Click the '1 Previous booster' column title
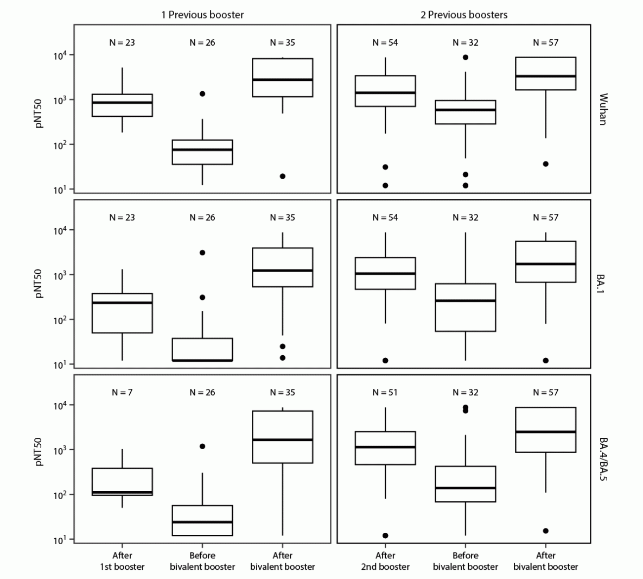coord(202,15)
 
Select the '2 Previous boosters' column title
coord(464,15)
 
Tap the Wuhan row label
coord(603,109)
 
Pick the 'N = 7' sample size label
coord(122,392)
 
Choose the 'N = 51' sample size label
coord(385,392)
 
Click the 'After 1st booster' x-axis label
coord(122,561)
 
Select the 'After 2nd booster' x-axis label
coord(385,561)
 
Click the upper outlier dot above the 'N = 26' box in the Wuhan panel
coord(202,93)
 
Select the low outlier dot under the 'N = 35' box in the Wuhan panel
coord(283,176)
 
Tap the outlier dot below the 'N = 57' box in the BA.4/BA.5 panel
coord(546,531)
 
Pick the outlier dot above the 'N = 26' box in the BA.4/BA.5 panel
coord(202,446)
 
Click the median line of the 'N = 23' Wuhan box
coord(122,102)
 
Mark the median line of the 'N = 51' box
coord(385,447)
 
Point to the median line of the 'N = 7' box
coord(122,492)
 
